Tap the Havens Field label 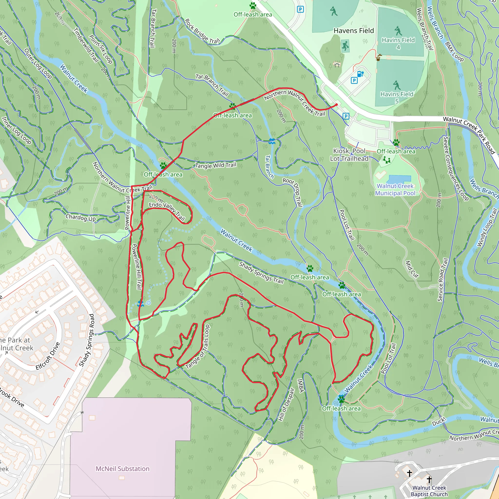354,31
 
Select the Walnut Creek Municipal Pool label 395,190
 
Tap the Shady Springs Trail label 261,273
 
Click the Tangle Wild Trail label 216,165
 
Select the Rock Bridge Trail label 202,31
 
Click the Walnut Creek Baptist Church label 429,491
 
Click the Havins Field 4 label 398,43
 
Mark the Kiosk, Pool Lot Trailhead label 349,155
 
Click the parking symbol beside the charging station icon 354,81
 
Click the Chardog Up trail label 81,218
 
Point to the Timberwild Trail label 86,45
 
